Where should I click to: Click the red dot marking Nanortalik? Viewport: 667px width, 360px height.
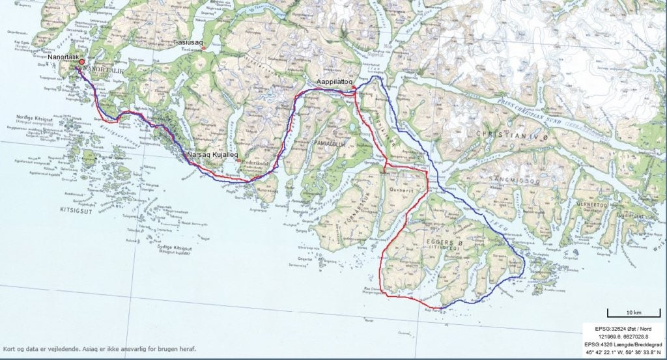pos(82,62)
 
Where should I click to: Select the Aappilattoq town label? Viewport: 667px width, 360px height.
pos(334,81)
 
